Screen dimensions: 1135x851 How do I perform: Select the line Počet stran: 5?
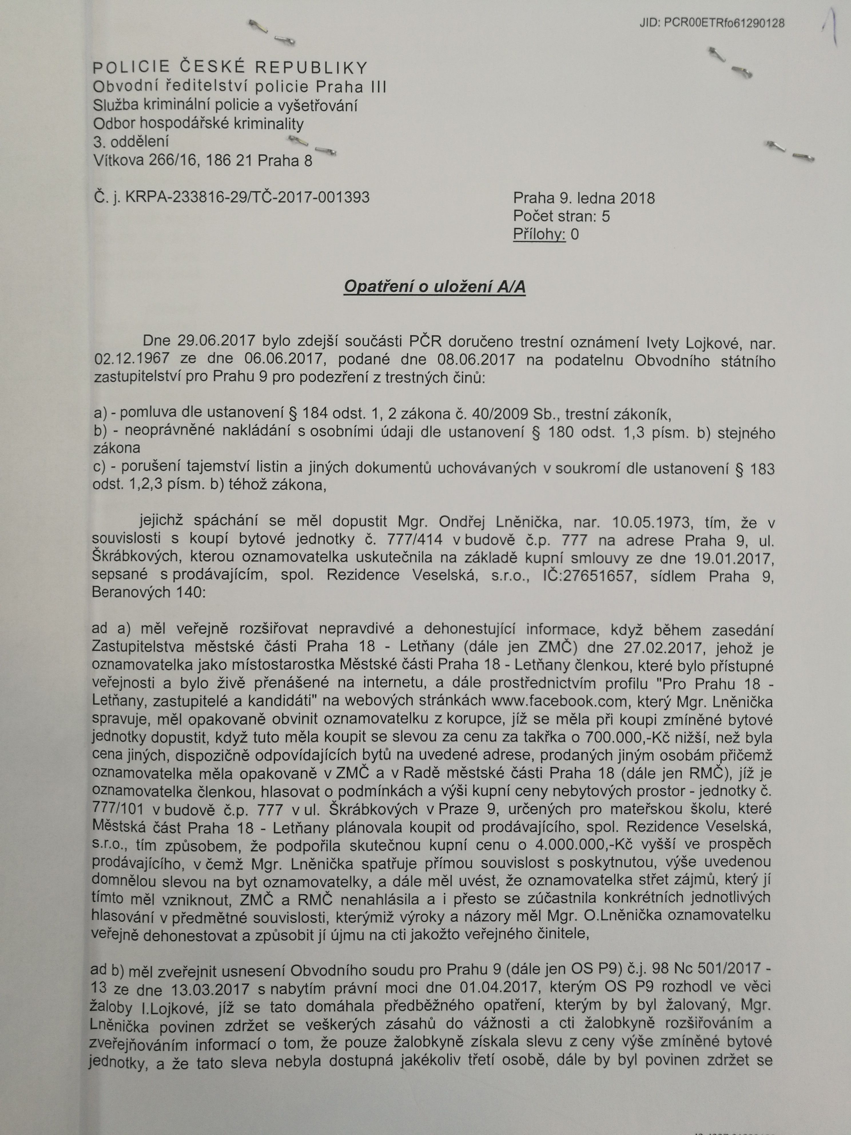click(561, 216)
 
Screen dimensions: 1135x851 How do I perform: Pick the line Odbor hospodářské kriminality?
click(198, 123)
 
